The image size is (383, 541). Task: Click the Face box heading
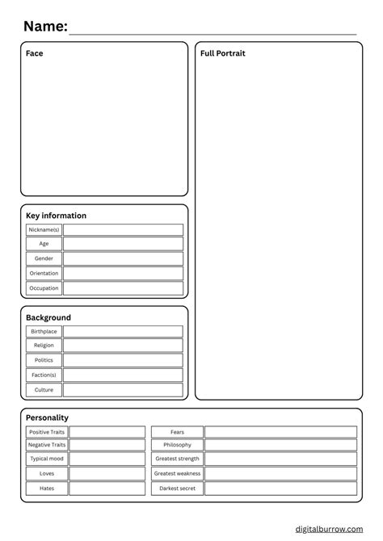[35, 53]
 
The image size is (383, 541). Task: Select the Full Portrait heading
[223, 53]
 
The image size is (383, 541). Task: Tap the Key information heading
[56, 216]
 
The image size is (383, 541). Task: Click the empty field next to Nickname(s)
[123, 230]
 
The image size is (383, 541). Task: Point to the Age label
[44, 244]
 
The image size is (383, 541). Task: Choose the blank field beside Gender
[123, 258]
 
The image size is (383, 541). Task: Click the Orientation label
[44, 273]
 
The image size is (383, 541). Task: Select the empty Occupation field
[123, 287]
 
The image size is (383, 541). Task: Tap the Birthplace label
[44, 332]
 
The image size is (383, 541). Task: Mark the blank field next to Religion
[123, 346]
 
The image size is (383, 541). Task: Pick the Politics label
[44, 360]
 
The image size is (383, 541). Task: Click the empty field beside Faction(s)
[123, 375]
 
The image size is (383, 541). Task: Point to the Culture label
[44, 389]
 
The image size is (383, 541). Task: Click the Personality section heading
[47, 417]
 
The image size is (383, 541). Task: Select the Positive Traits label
[47, 432]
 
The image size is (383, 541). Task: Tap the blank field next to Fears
[280, 432]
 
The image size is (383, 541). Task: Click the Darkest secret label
[177, 488]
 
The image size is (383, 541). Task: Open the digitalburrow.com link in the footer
[328, 528]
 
